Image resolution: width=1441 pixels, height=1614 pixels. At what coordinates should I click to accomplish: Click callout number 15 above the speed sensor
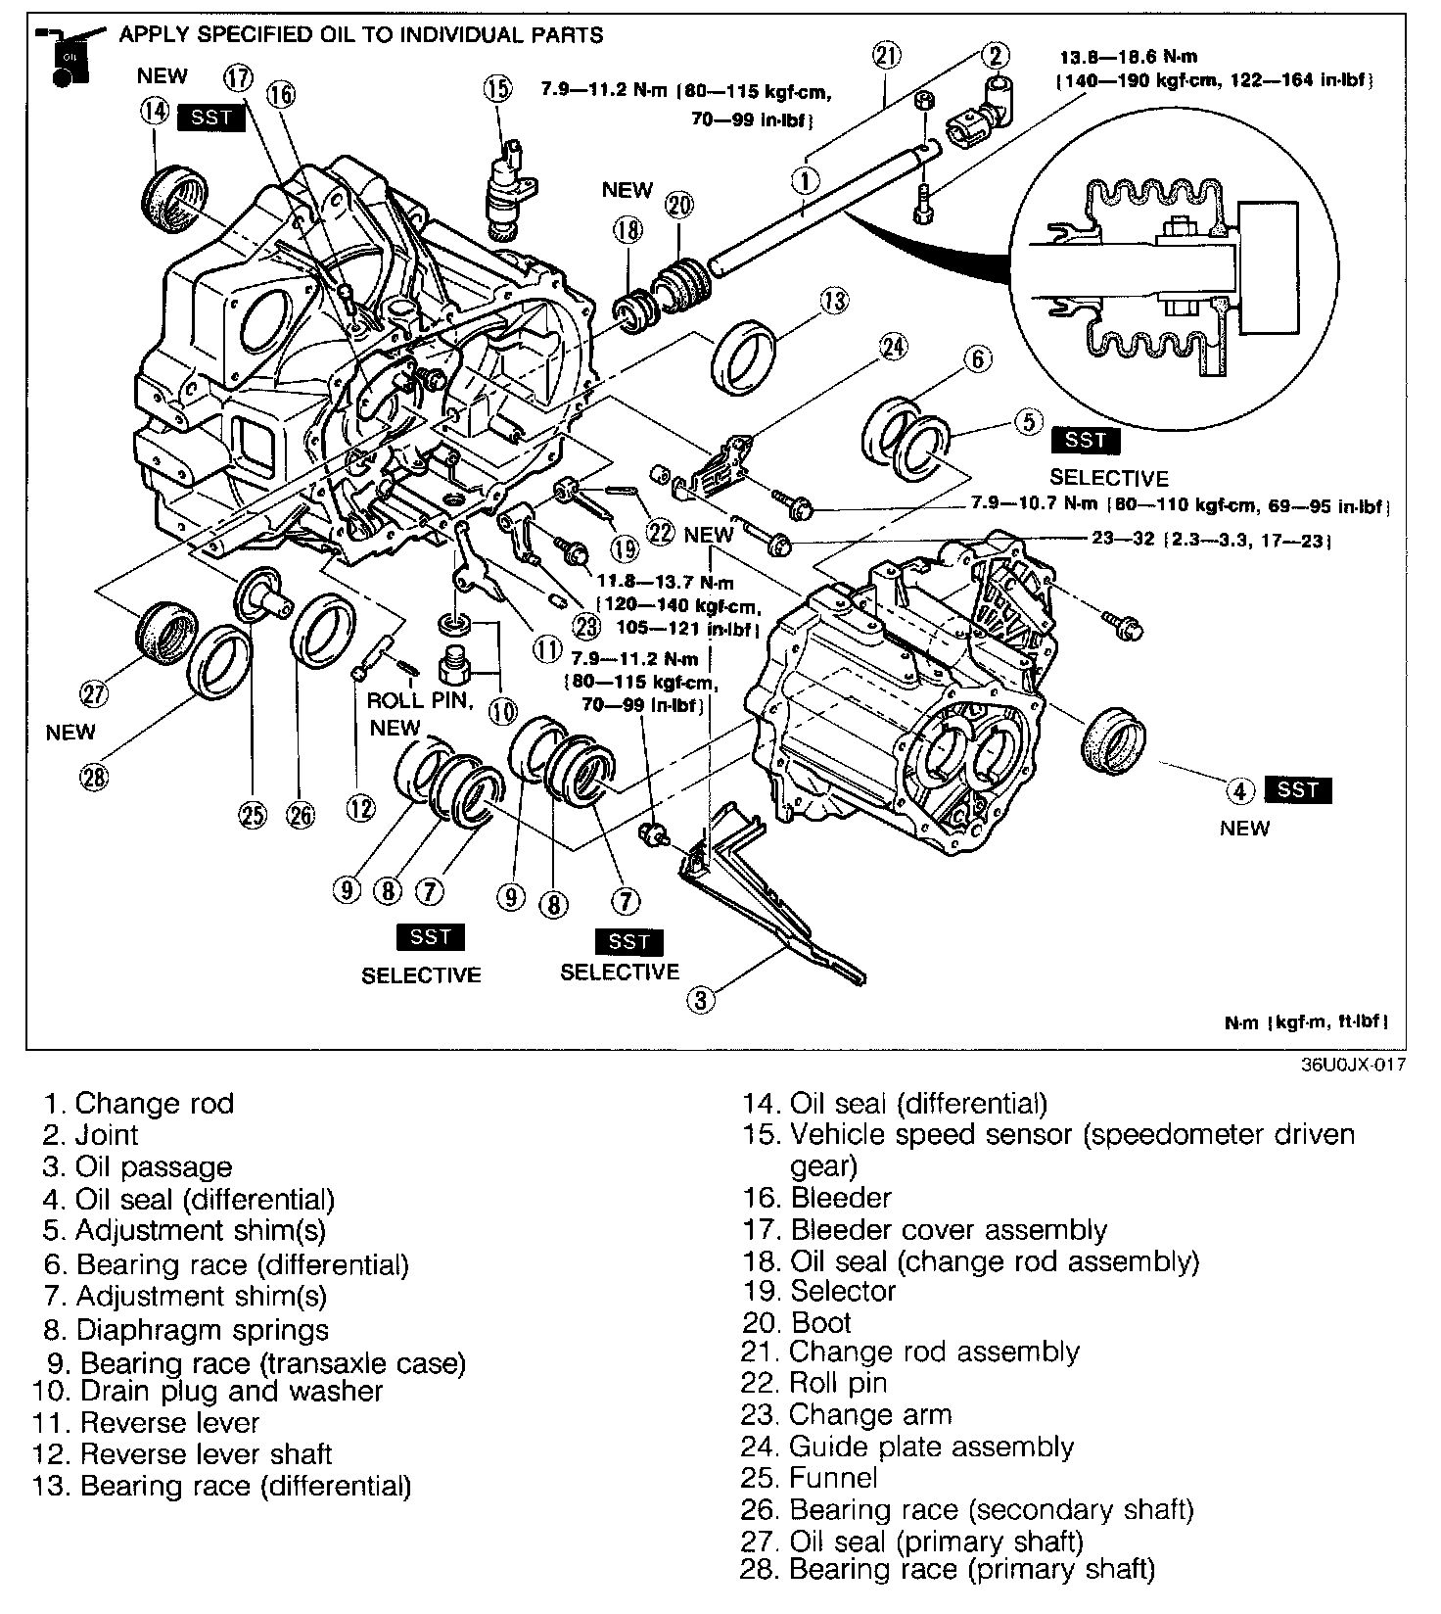(496, 89)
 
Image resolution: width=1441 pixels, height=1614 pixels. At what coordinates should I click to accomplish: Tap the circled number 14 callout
(154, 111)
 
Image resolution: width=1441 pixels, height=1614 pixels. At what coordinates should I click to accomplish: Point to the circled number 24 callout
(893, 347)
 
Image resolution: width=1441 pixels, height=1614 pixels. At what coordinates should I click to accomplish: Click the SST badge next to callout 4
(1298, 789)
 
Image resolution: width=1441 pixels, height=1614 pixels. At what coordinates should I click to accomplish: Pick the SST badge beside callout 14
(211, 118)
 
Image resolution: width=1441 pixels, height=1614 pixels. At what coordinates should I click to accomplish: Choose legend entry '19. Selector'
(818, 1291)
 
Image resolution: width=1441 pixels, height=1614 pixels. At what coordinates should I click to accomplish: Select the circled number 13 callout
(834, 300)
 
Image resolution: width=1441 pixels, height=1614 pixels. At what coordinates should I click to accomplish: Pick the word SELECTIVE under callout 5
(1109, 478)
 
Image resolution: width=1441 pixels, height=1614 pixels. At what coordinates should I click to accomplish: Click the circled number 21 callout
(886, 56)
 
